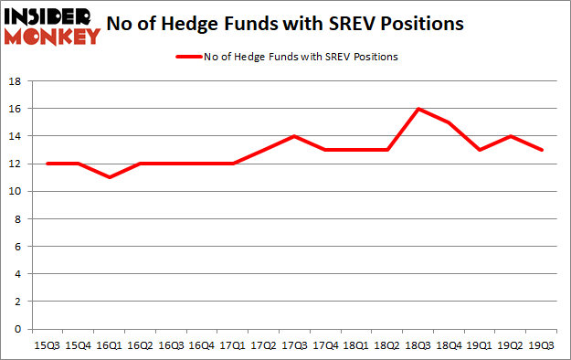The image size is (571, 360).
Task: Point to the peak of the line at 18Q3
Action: [418, 109]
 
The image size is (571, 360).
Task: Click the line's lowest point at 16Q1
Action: [110, 177]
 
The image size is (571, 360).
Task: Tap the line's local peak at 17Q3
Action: [295, 136]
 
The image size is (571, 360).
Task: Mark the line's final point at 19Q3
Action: [543, 150]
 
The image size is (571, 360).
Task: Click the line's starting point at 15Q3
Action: [48, 164]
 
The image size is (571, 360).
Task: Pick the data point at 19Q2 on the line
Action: [512, 136]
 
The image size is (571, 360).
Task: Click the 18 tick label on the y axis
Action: [15, 81]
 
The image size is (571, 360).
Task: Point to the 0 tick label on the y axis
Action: [17, 329]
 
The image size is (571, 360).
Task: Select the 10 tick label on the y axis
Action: [15, 191]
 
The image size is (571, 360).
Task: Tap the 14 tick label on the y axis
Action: [15, 136]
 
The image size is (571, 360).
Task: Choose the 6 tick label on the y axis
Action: [17, 247]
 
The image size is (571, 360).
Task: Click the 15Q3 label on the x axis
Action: [48, 345]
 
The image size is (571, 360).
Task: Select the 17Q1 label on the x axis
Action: [233, 345]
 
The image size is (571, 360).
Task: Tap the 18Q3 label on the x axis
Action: [418, 345]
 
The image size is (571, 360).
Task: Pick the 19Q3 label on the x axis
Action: [543, 345]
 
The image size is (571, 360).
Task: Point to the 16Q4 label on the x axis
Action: [202, 345]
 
